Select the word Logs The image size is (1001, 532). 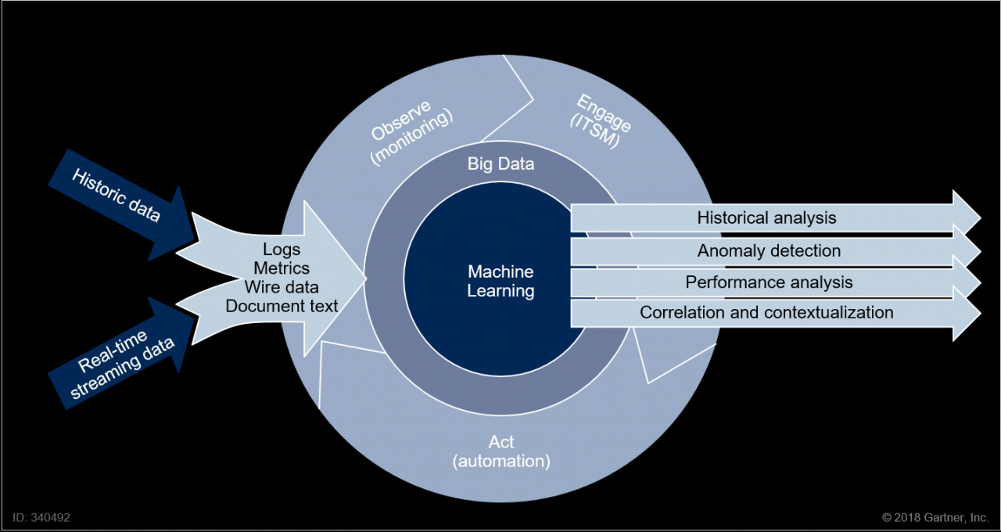282,250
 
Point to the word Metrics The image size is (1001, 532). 282,268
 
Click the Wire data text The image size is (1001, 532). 282,287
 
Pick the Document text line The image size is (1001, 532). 282,306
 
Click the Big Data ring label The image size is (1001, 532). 500,164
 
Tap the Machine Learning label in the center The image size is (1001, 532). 500,282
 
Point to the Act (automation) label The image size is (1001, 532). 501,452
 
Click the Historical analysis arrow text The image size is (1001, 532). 766,217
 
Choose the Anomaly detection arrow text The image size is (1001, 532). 769,250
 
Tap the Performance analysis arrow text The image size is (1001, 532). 769,282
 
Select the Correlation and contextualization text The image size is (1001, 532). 766,313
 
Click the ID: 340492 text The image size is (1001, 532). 41,517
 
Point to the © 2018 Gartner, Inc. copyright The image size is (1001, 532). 935,517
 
